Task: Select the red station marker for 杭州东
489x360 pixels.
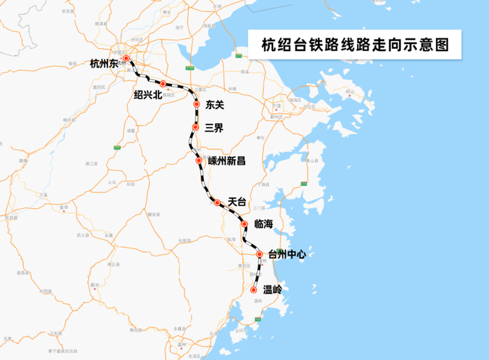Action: click(x=126, y=59)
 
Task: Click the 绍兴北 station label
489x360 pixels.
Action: click(x=147, y=95)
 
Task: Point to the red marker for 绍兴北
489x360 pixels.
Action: click(x=163, y=84)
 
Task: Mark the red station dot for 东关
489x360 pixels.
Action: click(x=196, y=105)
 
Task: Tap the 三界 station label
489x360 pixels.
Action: click(x=214, y=128)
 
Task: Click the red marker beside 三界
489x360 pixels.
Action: click(x=196, y=127)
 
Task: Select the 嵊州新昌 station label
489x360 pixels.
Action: click(x=227, y=161)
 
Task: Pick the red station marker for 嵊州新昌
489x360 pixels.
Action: click(x=199, y=161)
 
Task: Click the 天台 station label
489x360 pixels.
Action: click(x=238, y=201)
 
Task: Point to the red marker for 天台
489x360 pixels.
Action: click(x=217, y=203)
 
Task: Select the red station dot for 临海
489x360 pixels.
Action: click(x=245, y=224)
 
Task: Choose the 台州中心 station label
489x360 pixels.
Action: click(x=287, y=254)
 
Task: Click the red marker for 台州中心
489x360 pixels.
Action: click(x=259, y=254)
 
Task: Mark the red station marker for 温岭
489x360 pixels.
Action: click(x=253, y=289)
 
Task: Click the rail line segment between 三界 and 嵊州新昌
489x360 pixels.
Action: click(x=191, y=145)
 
